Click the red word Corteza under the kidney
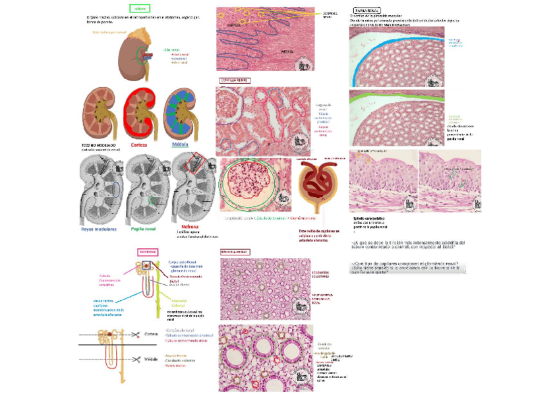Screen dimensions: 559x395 click(x=139, y=144)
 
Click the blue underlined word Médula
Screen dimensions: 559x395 click(x=180, y=144)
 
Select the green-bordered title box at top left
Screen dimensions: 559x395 click(x=139, y=9)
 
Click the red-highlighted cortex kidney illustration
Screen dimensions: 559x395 click(x=139, y=112)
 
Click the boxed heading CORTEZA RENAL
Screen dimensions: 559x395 click(x=233, y=80)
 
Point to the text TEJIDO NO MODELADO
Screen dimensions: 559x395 click(x=96, y=144)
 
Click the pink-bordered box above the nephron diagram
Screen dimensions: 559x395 click(x=147, y=251)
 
